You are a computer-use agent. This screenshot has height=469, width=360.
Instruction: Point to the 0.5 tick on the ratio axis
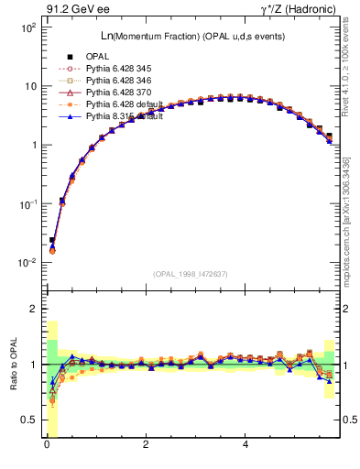(x=26, y=420)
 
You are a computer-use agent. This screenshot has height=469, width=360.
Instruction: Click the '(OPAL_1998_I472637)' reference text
(x=191, y=274)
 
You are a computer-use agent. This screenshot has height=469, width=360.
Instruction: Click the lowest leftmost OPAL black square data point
(x=52, y=240)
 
